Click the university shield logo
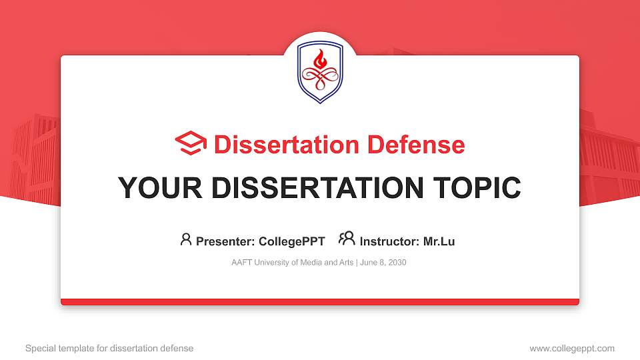coord(320,72)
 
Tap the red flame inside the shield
coord(320,61)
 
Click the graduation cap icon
coord(191,145)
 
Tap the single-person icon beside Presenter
coord(186,239)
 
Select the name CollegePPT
coord(293,241)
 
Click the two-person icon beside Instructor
coord(347,239)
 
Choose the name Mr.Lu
coord(439,241)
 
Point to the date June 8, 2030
coord(384,262)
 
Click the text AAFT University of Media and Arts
coord(293,262)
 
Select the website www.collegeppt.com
coord(572,348)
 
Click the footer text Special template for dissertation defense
coord(109,348)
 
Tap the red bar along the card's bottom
coord(320,302)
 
